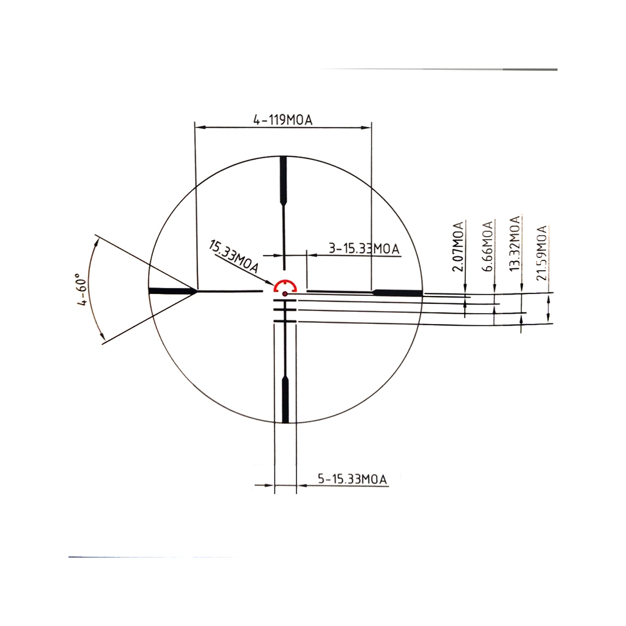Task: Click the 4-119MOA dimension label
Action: point(282,120)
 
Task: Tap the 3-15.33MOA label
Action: point(364,248)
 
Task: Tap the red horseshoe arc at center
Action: point(285,283)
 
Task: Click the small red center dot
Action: point(285,294)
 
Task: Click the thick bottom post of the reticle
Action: point(285,399)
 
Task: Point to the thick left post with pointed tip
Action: point(172,291)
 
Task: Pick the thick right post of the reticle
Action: point(398,292)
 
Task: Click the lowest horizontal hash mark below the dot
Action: point(285,321)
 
